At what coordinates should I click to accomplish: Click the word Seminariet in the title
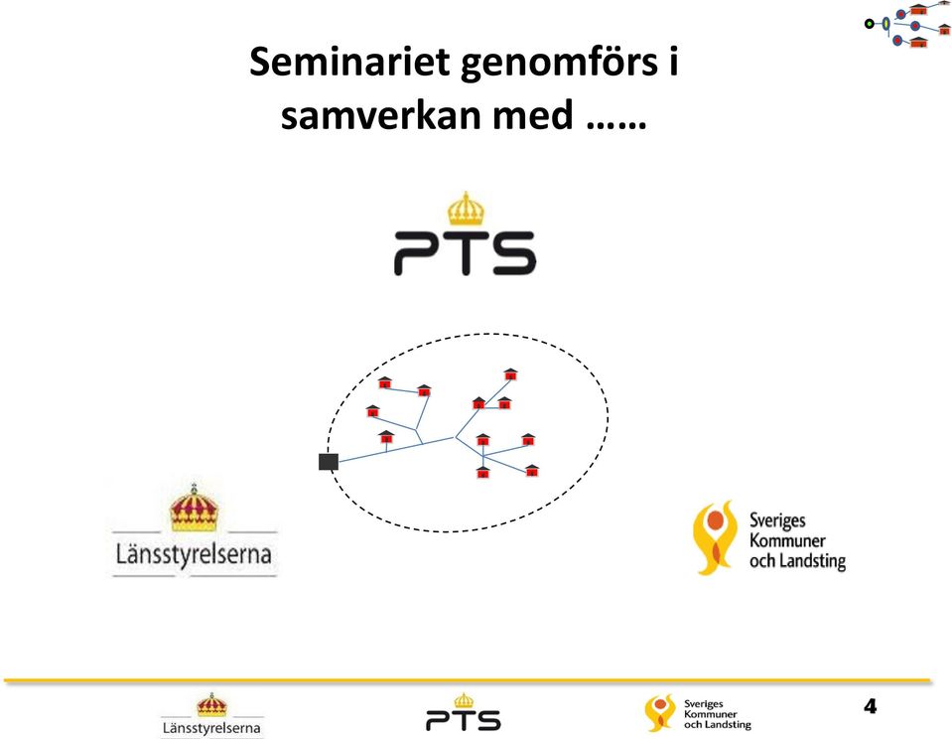(x=349, y=62)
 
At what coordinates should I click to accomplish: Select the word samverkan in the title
(x=381, y=115)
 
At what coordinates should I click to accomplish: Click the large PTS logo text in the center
(x=465, y=253)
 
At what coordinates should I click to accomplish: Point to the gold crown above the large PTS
(x=466, y=209)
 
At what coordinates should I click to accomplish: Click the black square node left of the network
(x=329, y=462)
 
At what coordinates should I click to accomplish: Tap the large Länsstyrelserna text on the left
(x=194, y=554)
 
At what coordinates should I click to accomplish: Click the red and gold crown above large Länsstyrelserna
(x=194, y=509)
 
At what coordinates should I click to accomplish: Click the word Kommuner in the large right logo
(x=787, y=540)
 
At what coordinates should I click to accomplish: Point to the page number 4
(x=870, y=706)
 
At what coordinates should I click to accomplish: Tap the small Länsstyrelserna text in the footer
(x=211, y=727)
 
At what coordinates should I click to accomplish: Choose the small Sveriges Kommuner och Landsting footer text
(x=717, y=714)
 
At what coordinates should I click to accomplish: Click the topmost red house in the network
(x=510, y=374)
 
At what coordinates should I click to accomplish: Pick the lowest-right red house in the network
(x=532, y=471)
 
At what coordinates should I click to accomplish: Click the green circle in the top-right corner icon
(x=870, y=24)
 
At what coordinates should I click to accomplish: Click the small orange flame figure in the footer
(x=660, y=713)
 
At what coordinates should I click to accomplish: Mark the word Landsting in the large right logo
(x=812, y=561)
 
